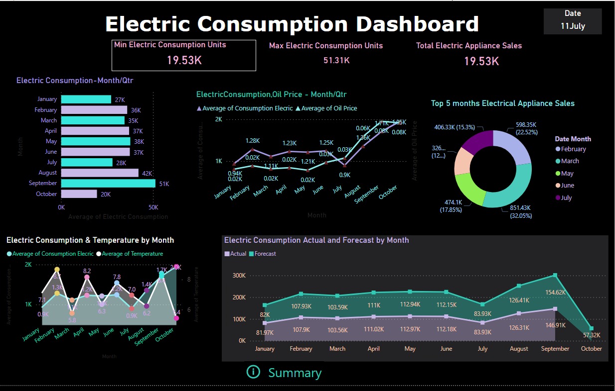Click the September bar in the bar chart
[x=108, y=184]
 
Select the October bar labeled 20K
[x=79, y=194]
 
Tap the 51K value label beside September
[x=164, y=184]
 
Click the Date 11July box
[x=573, y=21]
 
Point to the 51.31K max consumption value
[x=336, y=60]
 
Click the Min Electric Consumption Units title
[x=170, y=45]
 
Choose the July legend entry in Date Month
[x=566, y=198]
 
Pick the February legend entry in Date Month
[x=573, y=149]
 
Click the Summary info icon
[x=253, y=372]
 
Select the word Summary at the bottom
[x=295, y=373]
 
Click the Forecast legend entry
[x=265, y=254]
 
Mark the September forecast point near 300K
[x=555, y=275]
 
